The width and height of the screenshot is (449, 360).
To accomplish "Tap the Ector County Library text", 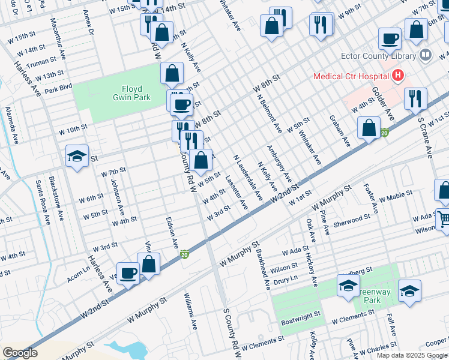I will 370,56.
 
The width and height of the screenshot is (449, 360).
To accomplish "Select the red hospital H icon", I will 396,76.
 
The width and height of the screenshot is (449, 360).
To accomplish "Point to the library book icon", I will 426,56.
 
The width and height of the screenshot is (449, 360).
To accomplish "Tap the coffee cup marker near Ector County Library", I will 390,39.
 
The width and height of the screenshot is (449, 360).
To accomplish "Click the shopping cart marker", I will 443,219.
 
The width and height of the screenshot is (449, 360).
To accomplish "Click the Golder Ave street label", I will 382,104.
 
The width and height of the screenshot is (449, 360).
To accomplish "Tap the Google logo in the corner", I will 20,353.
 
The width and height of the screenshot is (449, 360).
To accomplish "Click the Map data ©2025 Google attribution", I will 411,355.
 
